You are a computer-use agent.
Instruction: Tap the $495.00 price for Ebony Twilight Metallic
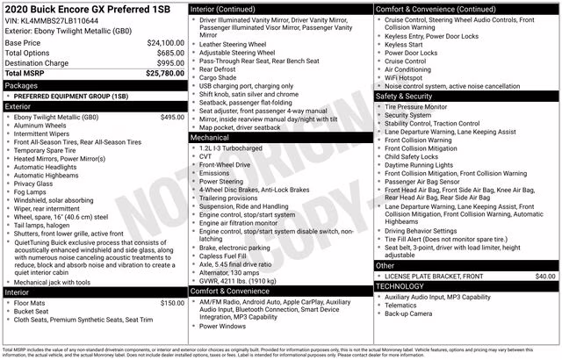[x=173, y=117]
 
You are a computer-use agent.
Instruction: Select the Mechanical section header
[x=209, y=138]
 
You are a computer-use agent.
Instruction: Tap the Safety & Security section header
[x=407, y=96]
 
